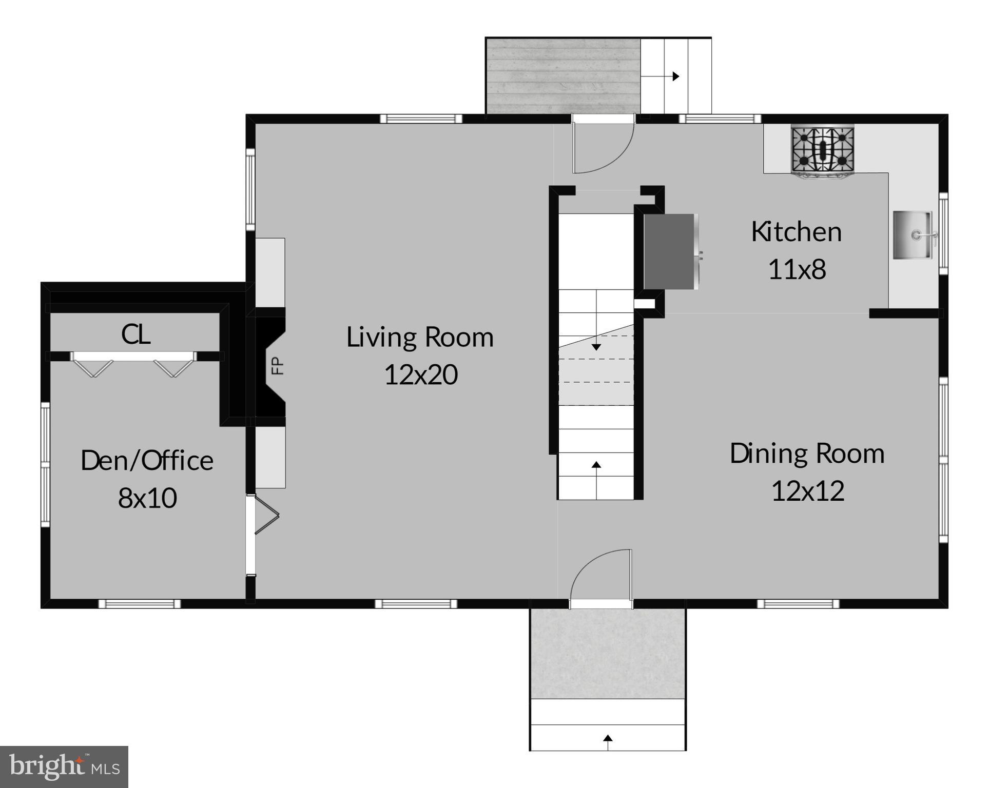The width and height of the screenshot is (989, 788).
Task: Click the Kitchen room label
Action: pos(796,232)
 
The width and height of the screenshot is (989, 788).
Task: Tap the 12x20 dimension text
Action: pos(420,375)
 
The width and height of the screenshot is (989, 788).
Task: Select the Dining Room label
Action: pos(807,454)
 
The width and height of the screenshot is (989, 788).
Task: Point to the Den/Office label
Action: pos(147,461)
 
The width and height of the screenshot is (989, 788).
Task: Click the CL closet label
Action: pos(135,334)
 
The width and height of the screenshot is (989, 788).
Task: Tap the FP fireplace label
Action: pos(277,366)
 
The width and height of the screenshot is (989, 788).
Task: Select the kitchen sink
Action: pos(913,235)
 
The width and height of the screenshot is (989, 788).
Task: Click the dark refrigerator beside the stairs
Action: pos(670,251)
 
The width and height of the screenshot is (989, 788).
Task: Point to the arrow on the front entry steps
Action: pos(608,739)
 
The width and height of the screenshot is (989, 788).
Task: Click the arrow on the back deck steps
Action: pos(676,76)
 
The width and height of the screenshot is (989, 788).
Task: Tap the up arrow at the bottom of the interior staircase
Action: pos(596,465)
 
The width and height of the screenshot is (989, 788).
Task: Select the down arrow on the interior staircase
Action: pos(596,347)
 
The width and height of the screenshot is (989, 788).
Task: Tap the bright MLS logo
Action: pos(64,766)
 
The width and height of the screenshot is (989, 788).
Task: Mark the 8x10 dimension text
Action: pos(147,498)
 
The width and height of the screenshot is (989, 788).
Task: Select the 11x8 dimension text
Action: pos(797,269)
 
